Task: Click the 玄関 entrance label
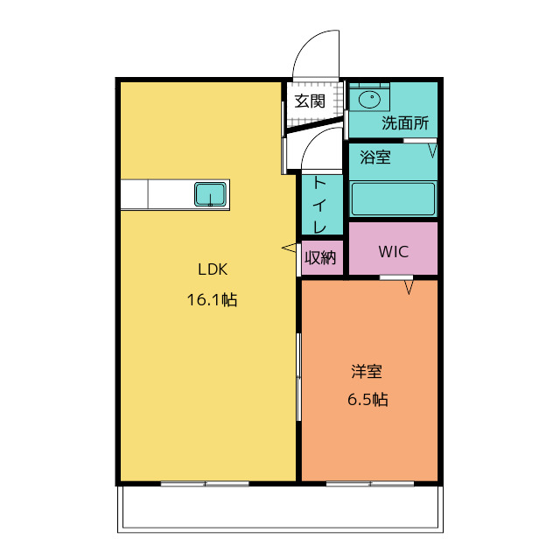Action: point(310,101)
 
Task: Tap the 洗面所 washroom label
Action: point(405,123)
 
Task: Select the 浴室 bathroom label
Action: point(375,157)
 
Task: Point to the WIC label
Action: point(394,252)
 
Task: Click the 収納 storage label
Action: point(320,257)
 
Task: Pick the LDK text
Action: point(213,269)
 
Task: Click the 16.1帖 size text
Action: point(212,299)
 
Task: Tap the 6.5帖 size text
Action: point(367,399)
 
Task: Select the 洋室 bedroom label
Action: point(367,371)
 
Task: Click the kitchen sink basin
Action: point(210,194)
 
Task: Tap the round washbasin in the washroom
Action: point(369,99)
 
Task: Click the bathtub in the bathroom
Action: point(393,199)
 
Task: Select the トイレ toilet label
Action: point(319,205)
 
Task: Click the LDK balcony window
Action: point(205,484)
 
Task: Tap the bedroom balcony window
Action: point(370,484)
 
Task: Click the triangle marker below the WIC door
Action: point(409,288)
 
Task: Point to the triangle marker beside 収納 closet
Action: point(289,248)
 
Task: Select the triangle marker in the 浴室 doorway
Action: point(432,150)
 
